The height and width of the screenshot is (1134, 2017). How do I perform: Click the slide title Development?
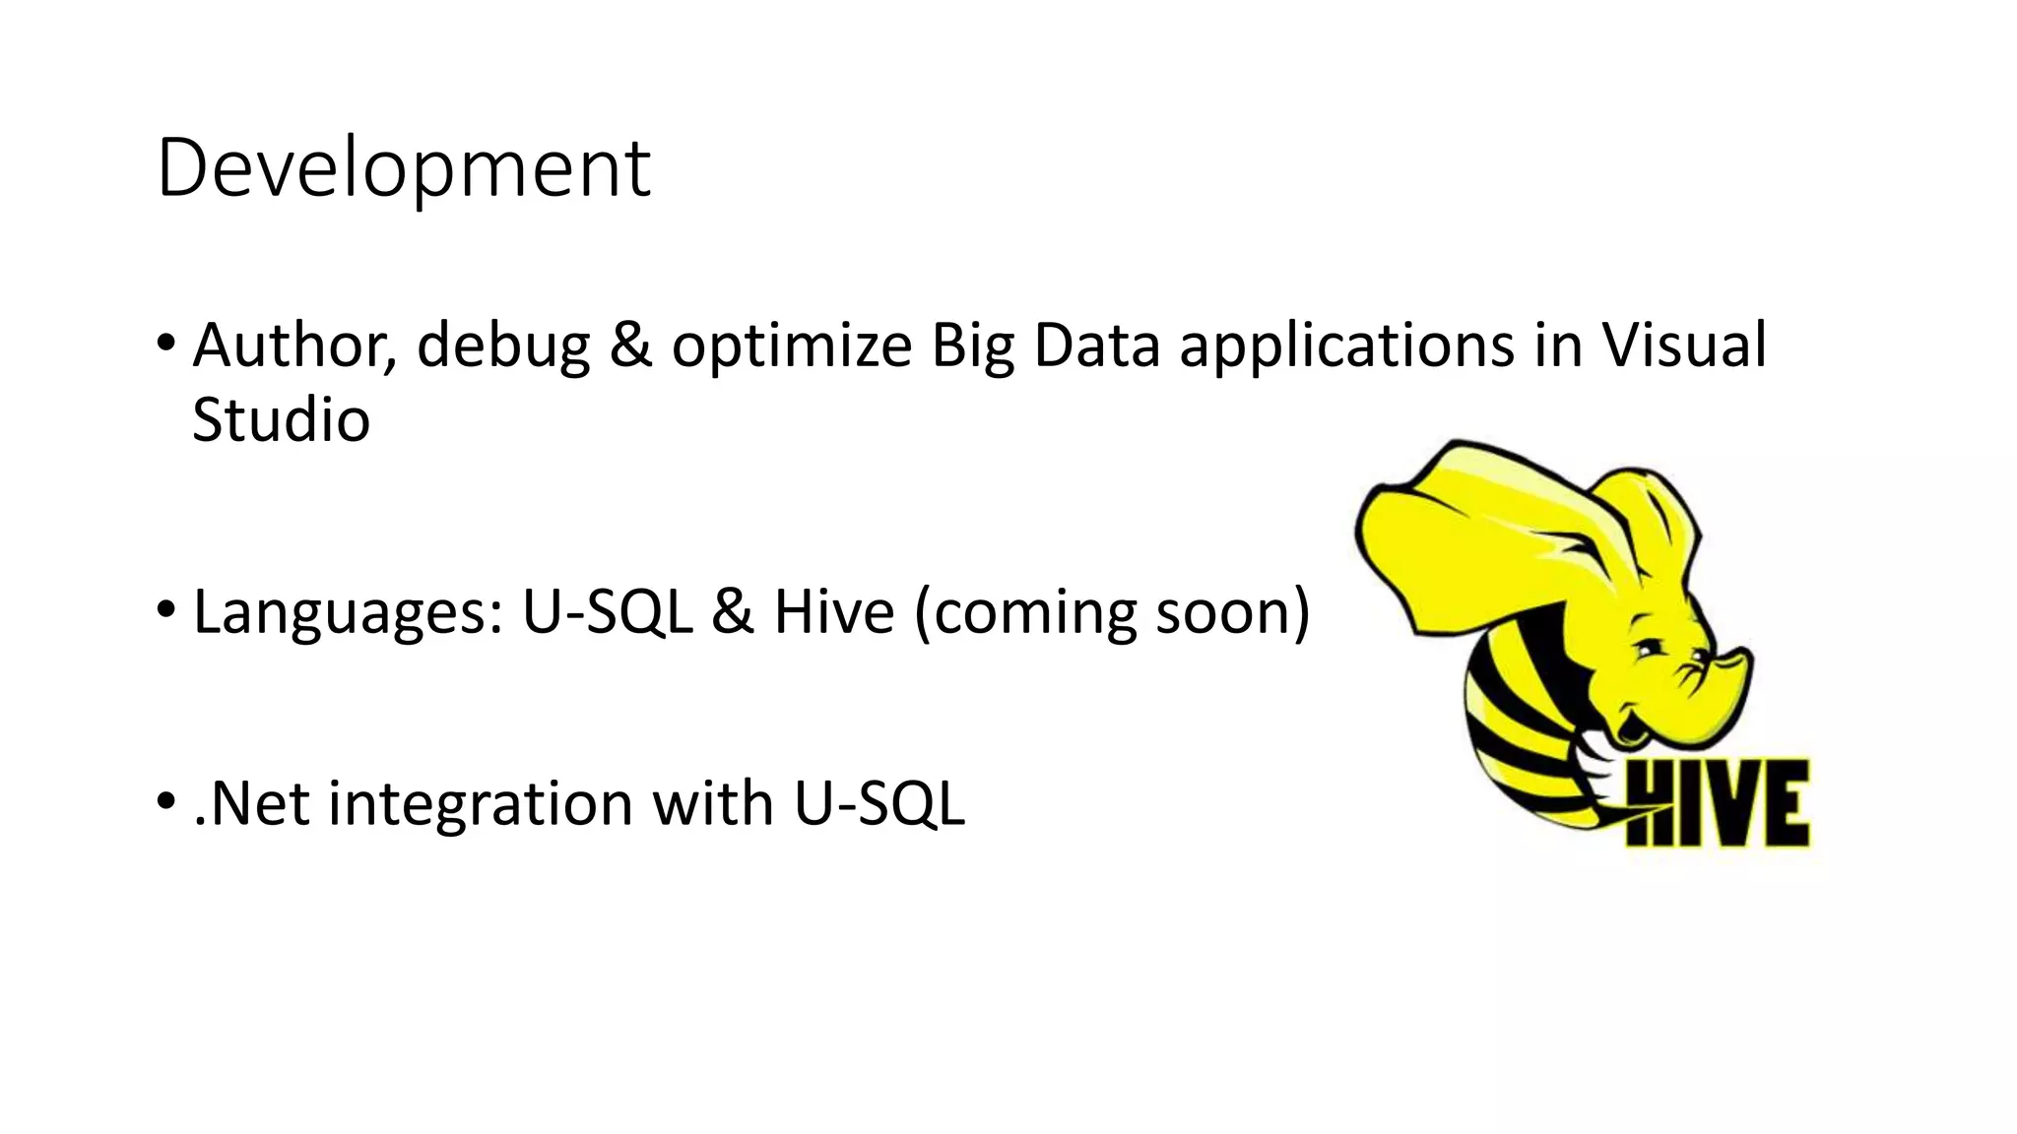point(403,168)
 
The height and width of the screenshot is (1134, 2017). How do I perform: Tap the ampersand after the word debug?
point(630,346)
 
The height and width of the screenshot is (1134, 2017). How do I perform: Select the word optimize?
point(791,346)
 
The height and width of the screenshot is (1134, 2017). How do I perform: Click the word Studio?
point(281,420)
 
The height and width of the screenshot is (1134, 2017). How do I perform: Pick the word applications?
point(1346,346)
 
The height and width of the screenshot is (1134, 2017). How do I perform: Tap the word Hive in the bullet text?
point(834,612)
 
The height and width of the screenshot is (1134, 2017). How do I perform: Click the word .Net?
point(251,803)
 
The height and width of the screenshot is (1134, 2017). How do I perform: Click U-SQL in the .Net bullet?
point(879,803)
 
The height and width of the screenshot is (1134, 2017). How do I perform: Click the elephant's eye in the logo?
point(1647,651)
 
